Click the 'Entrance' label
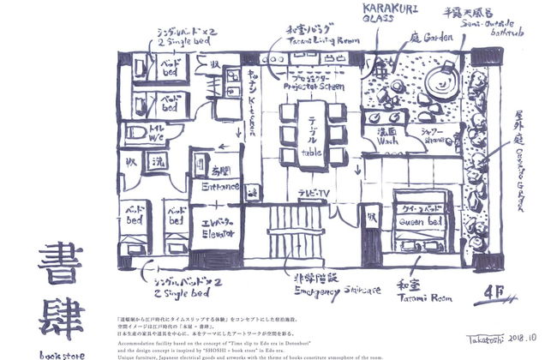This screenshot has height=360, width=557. tap(220, 185)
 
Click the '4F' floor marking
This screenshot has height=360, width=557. tap(494, 289)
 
